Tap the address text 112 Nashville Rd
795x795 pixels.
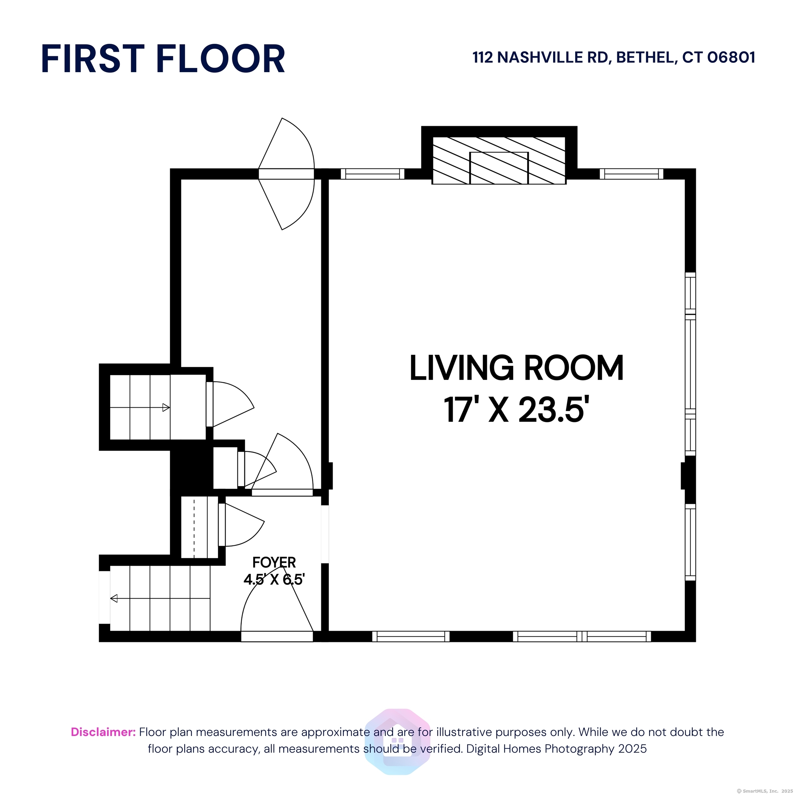tap(540, 58)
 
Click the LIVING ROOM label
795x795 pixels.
tap(517, 368)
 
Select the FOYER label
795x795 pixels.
tap(274, 562)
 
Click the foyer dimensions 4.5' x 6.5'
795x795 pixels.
tap(274, 579)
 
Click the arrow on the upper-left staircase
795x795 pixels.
tap(140, 408)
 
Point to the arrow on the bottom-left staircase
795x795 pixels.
tap(160, 598)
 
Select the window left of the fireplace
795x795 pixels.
tap(373, 174)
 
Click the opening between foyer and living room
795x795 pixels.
tap(325, 534)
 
